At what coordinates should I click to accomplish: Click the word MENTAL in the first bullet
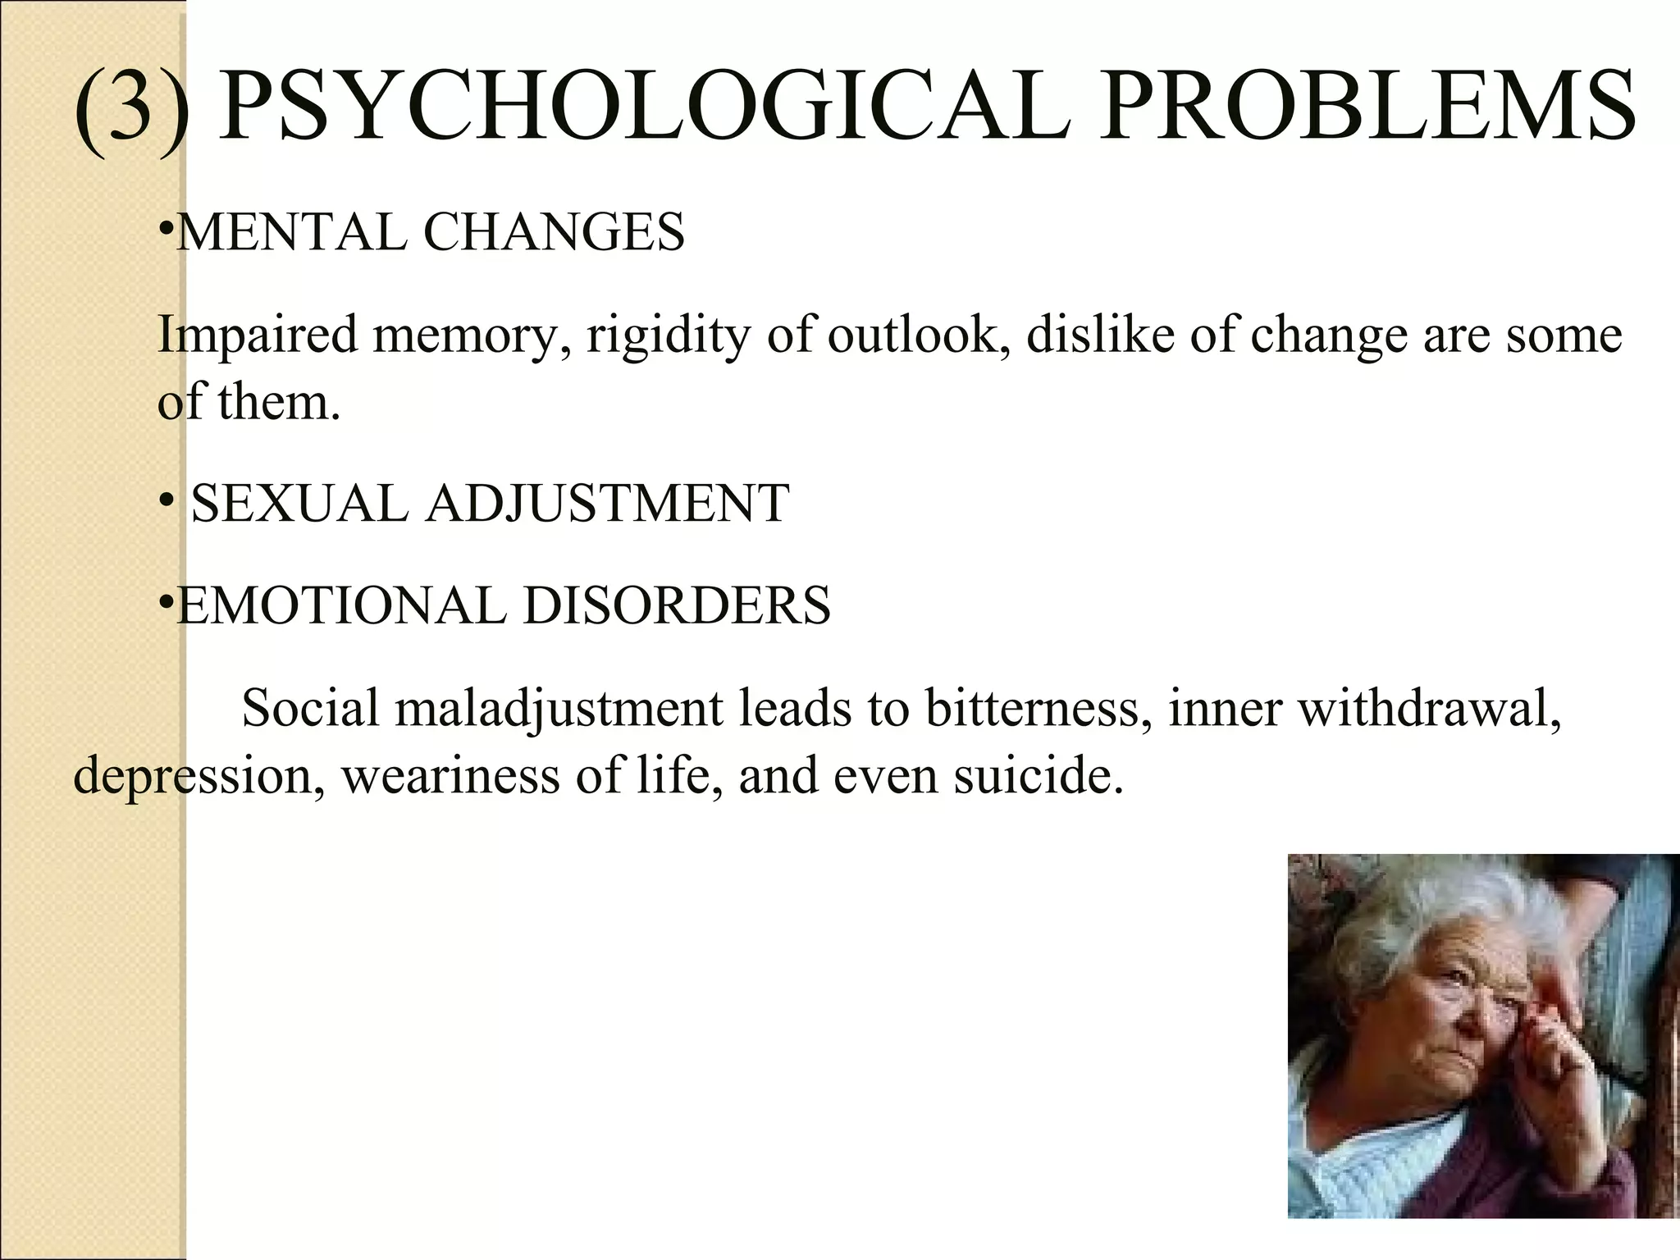point(291,232)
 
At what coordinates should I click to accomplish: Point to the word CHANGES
point(554,232)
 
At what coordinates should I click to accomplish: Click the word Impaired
point(258,336)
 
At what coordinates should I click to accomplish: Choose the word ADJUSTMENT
point(607,503)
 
